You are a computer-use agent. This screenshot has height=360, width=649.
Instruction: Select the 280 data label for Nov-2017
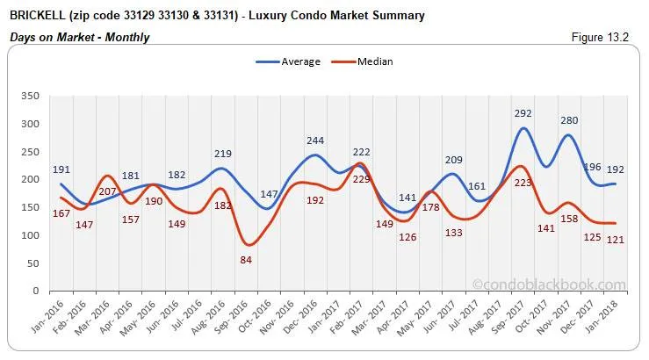point(571,119)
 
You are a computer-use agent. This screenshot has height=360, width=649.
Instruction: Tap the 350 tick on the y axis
point(31,96)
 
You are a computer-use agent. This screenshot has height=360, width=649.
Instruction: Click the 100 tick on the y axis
point(31,235)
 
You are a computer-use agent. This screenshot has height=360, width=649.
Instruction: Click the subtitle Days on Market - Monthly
point(79,37)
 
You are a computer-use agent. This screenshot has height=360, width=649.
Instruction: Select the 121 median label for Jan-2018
point(615,241)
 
